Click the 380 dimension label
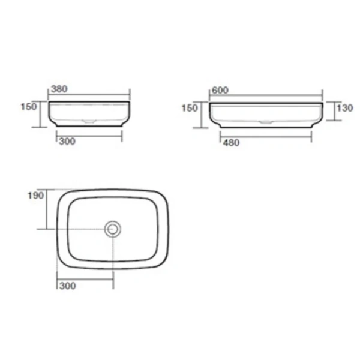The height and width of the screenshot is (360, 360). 59,89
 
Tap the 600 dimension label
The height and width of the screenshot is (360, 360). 220,90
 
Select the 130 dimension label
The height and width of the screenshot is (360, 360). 344,108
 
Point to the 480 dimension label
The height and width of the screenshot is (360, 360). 232,143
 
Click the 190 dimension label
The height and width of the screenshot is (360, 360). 35,196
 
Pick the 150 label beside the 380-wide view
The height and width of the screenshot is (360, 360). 29,107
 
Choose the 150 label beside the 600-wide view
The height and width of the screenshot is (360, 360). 190,108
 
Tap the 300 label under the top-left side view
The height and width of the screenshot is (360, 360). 67,142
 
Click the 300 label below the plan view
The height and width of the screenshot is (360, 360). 67,286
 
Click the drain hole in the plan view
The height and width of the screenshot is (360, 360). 113,229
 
